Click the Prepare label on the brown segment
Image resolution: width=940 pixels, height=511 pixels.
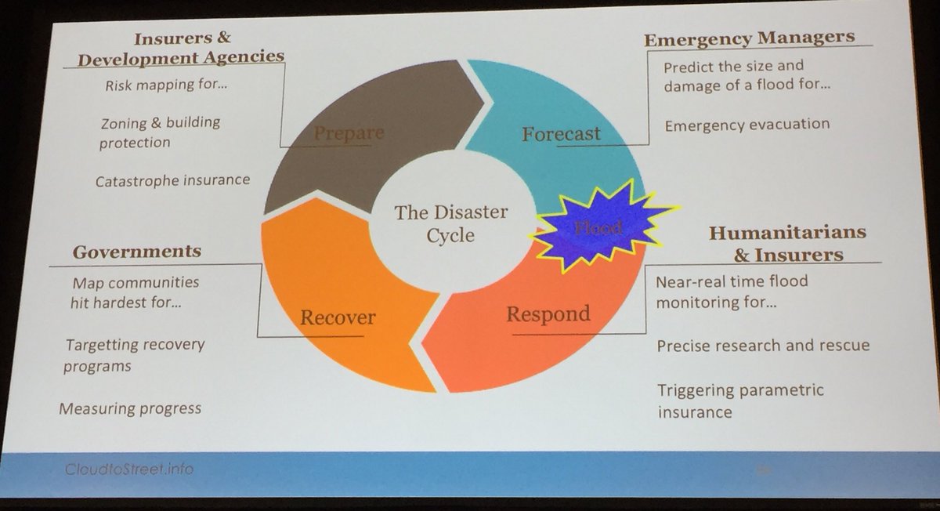click(x=349, y=133)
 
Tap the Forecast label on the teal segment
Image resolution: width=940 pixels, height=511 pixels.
click(x=561, y=133)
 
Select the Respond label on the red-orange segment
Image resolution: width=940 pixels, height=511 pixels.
click(x=548, y=314)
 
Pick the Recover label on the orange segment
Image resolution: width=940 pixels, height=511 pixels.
click(x=338, y=317)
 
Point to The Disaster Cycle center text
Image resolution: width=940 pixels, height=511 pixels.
click(x=450, y=223)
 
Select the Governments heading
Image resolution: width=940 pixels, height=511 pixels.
click(x=137, y=252)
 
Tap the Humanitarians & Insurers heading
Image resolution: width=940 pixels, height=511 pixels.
click(x=786, y=243)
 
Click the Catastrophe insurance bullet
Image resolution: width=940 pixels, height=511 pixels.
click(x=172, y=180)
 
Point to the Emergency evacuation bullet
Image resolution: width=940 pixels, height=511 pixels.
click(x=746, y=124)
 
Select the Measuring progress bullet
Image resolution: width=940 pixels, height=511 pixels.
click(x=129, y=408)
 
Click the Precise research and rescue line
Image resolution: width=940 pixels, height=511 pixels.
click(x=763, y=345)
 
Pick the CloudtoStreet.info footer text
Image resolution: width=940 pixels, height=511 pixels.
click(x=130, y=469)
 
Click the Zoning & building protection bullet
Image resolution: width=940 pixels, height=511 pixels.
click(x=160, y=132)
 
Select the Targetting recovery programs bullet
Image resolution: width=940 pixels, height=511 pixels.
click(x=135, y=354)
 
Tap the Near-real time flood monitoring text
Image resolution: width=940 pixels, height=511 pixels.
click(x=732, y=290)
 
